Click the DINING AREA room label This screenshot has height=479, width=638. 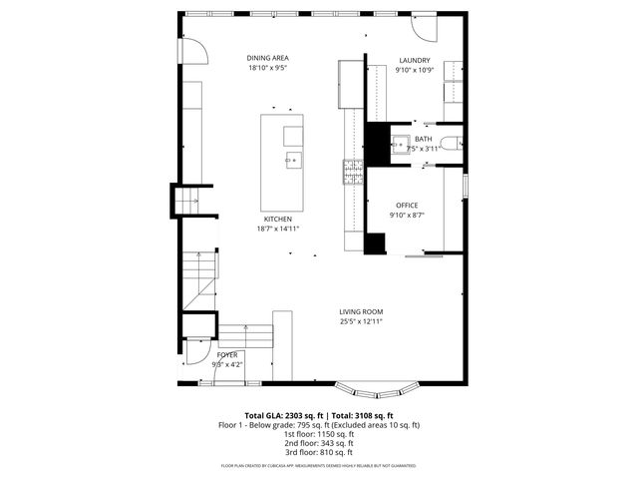(268, 59)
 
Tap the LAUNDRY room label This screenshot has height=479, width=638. (414, 60)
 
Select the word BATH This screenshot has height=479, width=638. (424, 139)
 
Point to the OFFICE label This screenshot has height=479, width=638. (406, 205)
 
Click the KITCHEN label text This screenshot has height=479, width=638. (277, 219)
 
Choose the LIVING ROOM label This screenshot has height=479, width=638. (360, 311)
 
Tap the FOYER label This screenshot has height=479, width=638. (227, 354)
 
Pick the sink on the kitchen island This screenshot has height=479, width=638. (293, 160)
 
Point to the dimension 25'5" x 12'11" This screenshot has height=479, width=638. (360, 321)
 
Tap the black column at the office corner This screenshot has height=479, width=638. (376, 242)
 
